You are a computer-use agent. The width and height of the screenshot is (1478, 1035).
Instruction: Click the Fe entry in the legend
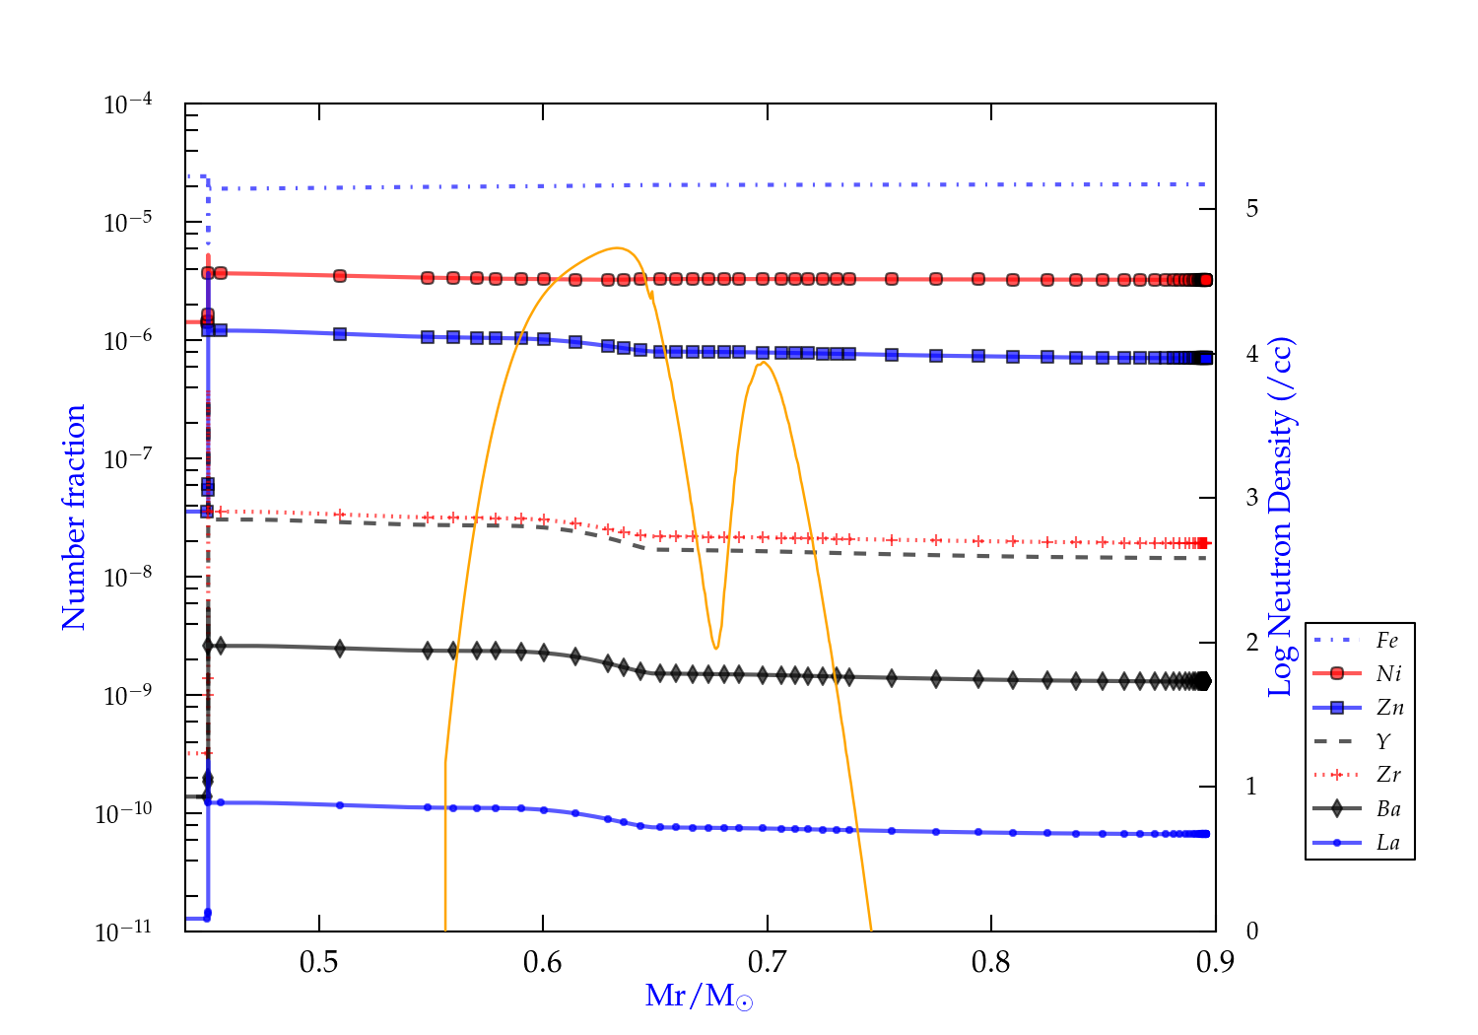coord(1387,641)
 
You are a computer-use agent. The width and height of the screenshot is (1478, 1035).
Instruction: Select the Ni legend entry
coord(1388,674)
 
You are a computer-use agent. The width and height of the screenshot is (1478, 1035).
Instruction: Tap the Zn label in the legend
coord(1389,708)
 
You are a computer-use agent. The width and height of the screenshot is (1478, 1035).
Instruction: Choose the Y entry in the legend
coord(1383,741)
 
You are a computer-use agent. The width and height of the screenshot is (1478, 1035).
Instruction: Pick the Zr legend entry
coord(1388,775)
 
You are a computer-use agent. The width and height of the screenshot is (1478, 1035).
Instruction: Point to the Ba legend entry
coord(1388,808)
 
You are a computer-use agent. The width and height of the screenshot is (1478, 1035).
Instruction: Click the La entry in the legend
coord(1387,843)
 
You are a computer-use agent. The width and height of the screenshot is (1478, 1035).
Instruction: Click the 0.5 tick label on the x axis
coord(319,962)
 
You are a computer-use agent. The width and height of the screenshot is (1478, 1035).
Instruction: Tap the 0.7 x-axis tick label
coord(767,962)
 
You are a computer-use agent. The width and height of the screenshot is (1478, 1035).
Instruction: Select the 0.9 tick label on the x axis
coord(1214,962)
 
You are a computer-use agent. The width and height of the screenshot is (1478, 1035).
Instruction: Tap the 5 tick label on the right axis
coord(1251,208)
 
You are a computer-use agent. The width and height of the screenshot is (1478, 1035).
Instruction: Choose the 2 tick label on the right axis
coord(1251,643)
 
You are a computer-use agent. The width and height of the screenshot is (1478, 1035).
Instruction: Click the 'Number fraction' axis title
coord(75,517)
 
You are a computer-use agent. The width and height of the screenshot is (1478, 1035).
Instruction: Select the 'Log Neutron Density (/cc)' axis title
coord(1281,517)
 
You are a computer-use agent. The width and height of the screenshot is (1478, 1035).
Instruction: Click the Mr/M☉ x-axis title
coord(699,997)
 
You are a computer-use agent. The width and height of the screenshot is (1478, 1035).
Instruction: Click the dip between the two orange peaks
coord(715,648)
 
